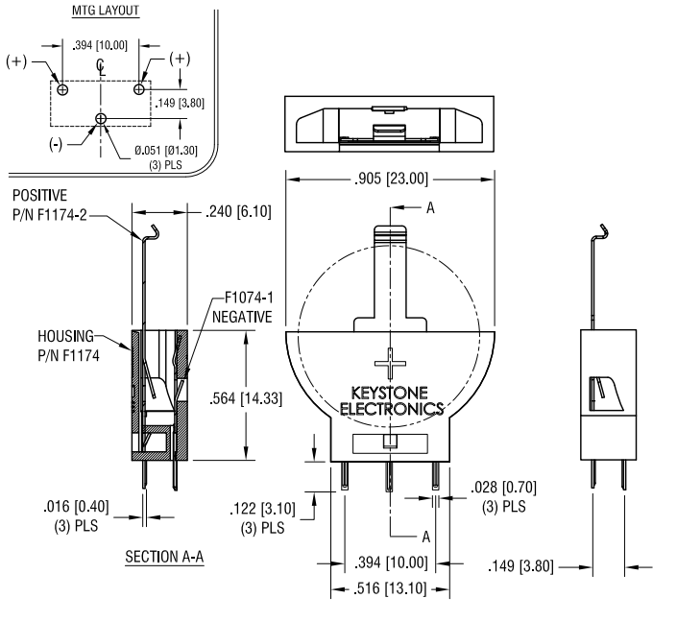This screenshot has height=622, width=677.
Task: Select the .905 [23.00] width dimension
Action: [390, 178]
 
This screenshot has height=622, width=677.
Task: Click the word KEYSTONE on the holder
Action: [390, 394]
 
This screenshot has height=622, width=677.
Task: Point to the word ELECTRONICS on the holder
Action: [391, 409]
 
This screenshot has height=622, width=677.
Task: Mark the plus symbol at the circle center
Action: [391, 365]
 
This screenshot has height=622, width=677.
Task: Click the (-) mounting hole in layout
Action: [101, 118]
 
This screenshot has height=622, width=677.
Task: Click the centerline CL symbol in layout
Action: [101, 66]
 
